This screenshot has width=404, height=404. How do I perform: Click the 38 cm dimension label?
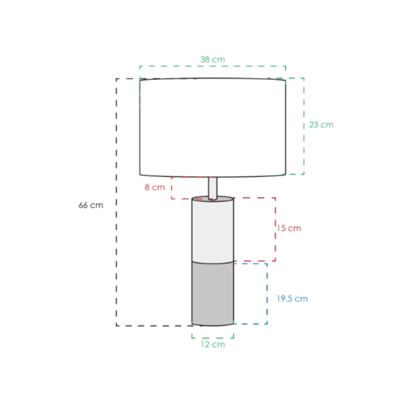coord(213,60)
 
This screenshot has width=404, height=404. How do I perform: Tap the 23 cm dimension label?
coord(321,125)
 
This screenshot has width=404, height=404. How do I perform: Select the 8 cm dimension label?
coord(154,187)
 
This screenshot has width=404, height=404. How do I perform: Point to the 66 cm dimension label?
coord(91,205)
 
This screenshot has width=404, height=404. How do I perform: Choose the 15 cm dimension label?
coord(289,228)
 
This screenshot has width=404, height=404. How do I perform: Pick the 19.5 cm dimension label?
coord(292,299)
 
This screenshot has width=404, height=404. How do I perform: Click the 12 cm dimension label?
coord(213,344)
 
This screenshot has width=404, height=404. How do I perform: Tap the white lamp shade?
coord(213,127)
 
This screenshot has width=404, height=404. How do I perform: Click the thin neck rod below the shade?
coord(213,188)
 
